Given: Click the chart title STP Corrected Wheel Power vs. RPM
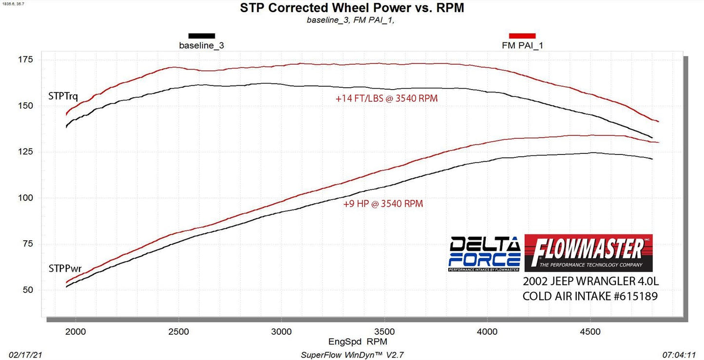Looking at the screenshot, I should coord(352,8).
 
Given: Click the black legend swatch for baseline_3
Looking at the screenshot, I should coord(202,36).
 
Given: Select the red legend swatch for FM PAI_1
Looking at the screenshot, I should coord(522,36).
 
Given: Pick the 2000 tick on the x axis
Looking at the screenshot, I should coord(75,332).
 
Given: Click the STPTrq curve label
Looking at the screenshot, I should coord(63,96).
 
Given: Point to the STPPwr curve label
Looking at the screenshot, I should coord(65,268).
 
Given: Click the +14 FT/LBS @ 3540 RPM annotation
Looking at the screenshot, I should coord(386,98).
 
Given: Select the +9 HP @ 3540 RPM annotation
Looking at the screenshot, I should coord(383,204).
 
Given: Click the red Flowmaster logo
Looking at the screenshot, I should coord(589,253).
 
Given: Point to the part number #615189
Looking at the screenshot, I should coord(632,296).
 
